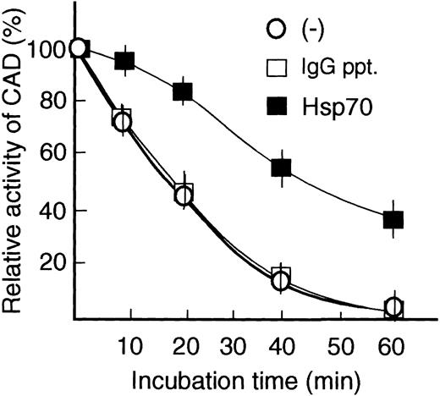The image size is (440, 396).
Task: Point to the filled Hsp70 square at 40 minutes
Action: [x=282, y=168]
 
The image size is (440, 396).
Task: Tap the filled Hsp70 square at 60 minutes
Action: [x=393, y=220]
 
